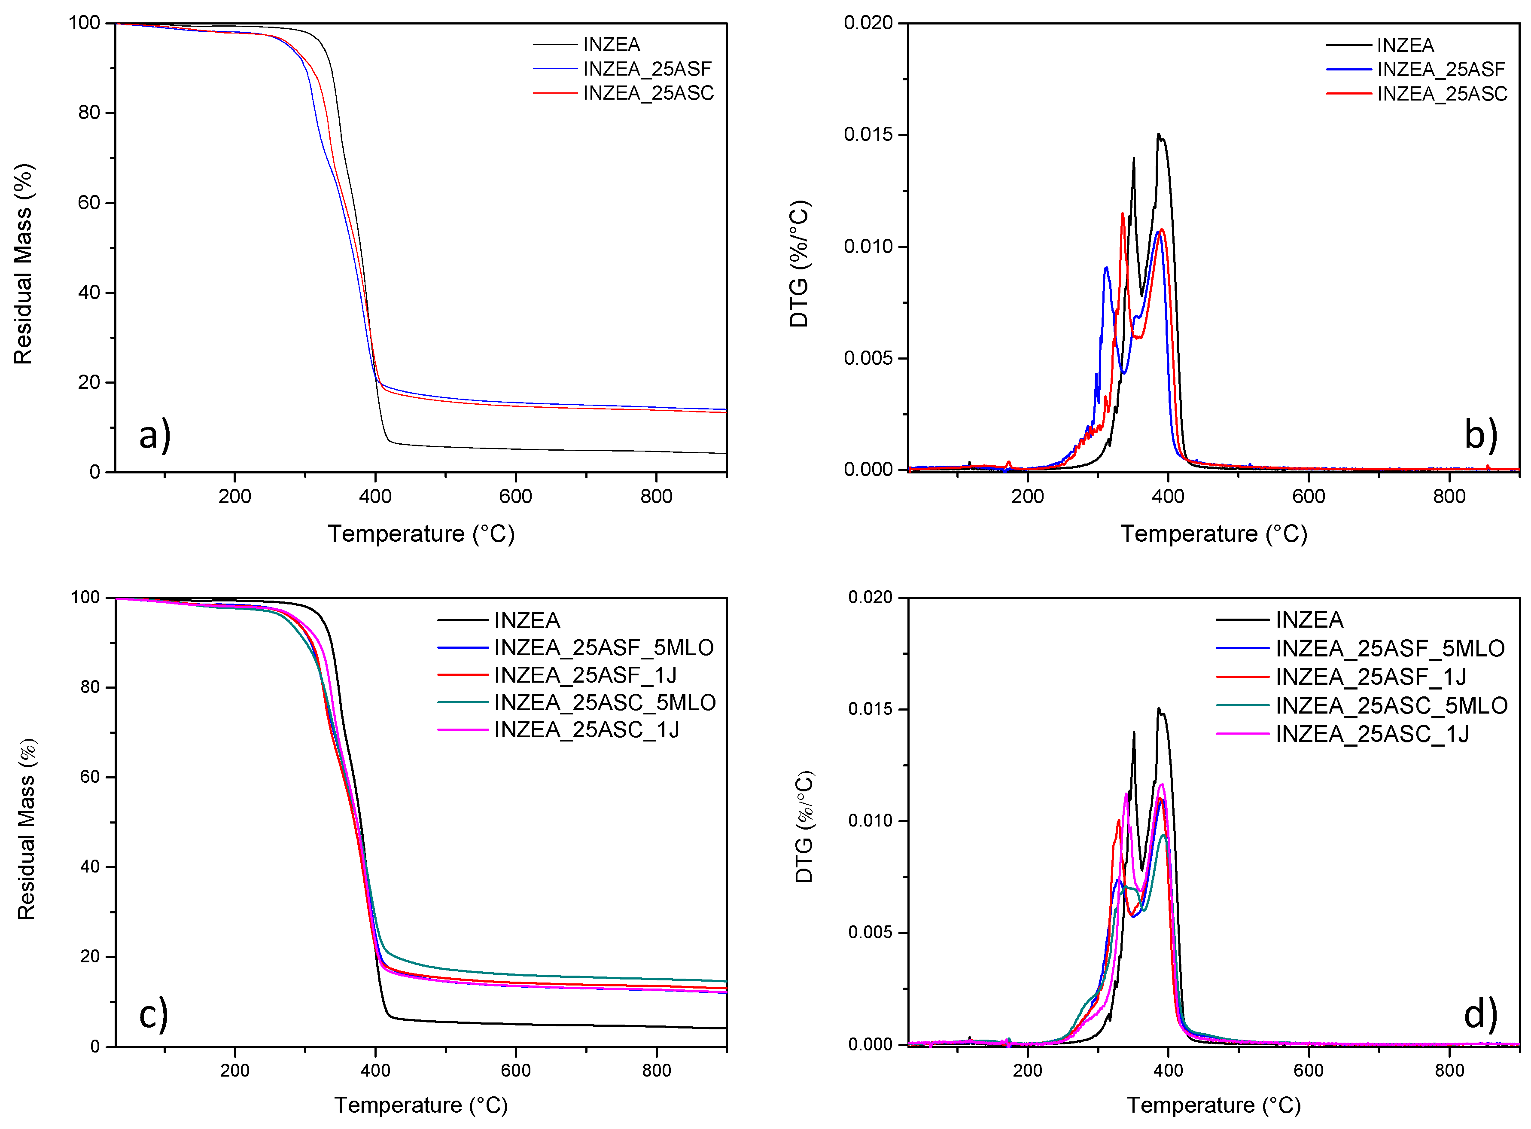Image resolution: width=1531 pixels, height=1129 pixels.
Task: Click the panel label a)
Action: [155, 435]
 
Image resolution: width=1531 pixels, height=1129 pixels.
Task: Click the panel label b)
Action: [1480, 435]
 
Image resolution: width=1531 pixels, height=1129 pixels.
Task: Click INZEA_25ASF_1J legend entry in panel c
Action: [585, 675]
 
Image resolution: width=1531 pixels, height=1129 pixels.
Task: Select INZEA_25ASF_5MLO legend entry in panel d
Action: [1390, 648]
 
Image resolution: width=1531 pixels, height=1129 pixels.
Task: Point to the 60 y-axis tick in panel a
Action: [89, 203]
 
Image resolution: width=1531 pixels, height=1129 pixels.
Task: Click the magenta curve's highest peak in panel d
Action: [1161, 784]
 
